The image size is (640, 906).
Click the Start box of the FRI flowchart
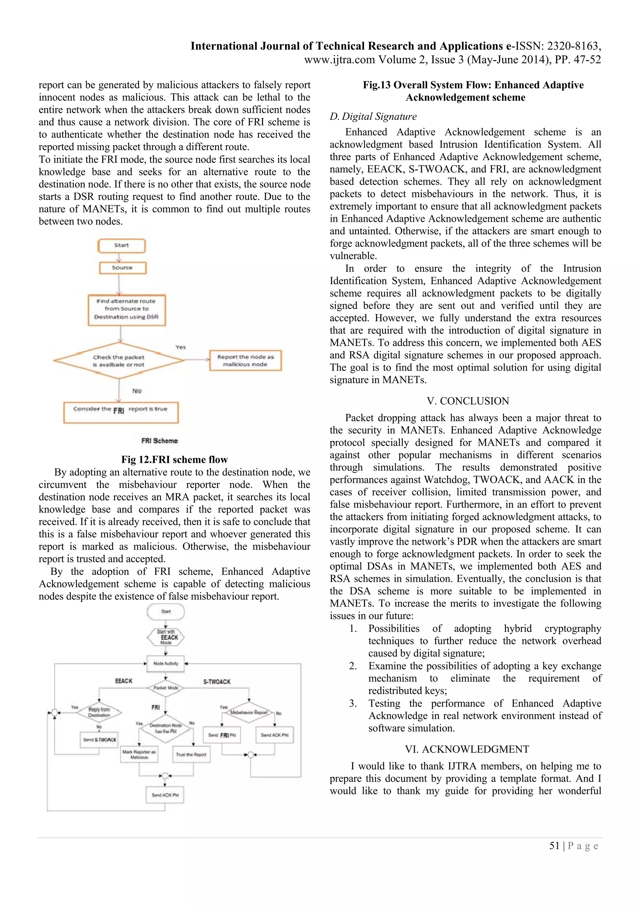coord(122,245)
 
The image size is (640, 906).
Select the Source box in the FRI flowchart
coord(122,268)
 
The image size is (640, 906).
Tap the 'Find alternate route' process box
coord(127,310)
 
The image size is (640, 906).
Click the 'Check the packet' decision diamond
coord(119,361)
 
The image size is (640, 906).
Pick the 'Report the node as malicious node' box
coord(245,360)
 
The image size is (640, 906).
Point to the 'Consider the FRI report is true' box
coord(121,413)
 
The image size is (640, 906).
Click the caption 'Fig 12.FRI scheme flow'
coord(174,459)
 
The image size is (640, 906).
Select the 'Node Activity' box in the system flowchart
coord(166,663)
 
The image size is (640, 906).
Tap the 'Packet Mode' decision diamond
coord(166,687)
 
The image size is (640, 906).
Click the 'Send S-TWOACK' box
coord(99,740)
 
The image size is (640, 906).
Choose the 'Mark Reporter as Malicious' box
coord(139,754)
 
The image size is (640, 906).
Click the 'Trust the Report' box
coord(191,754)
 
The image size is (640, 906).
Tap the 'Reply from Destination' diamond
coord(99,712)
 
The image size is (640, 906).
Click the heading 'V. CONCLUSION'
coord(468,401)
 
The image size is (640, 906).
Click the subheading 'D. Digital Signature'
coord(373,116)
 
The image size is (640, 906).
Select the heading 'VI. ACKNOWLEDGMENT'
coord(467,749)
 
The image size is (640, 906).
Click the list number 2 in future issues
coord(352,666)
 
